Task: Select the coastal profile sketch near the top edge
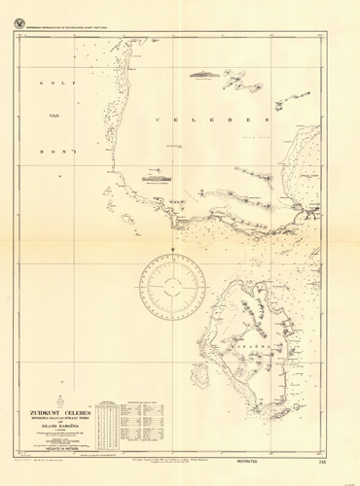click(205, 72)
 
